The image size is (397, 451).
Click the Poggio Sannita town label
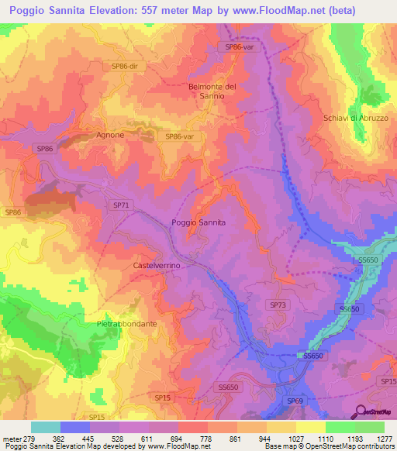198,222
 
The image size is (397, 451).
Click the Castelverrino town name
157,265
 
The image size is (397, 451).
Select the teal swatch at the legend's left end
46,427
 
